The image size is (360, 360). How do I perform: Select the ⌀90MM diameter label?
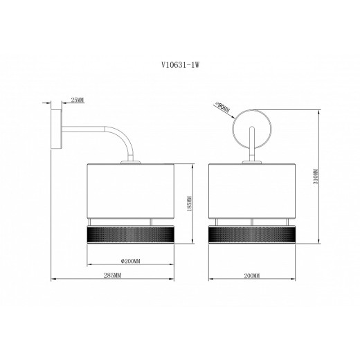tap(222, 107)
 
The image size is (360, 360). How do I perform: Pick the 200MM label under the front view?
tap(252, 276)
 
